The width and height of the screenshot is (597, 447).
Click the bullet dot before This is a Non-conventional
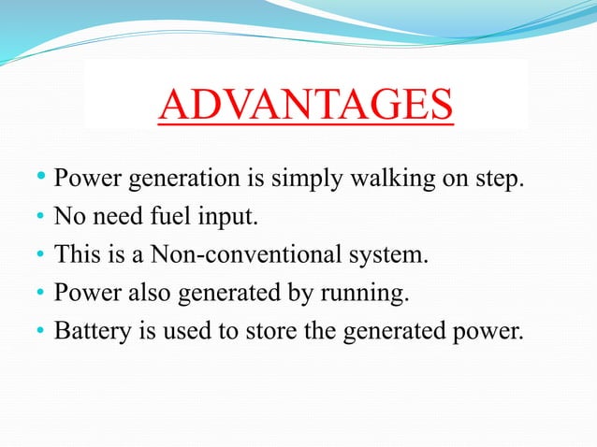click(x=41, y=256)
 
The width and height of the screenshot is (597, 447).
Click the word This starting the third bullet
click(x=76, y=254)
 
